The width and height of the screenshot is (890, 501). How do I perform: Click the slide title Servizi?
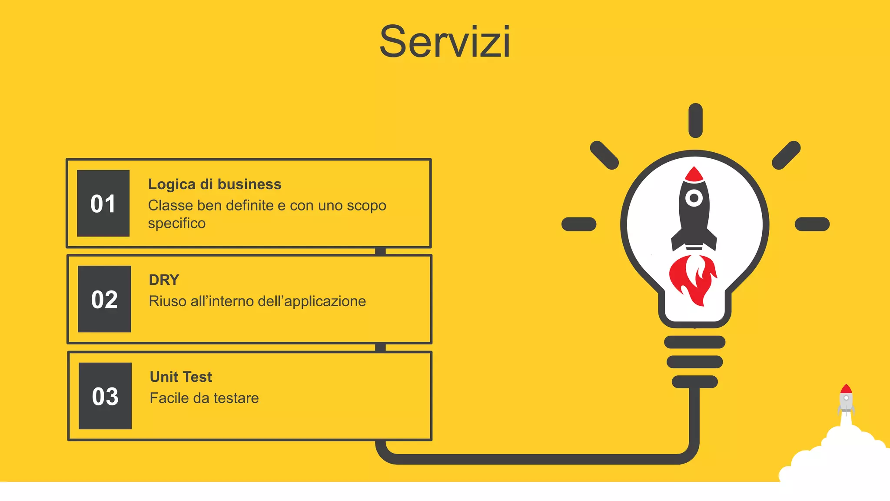[445, 42]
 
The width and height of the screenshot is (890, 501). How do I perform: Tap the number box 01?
[103, 203]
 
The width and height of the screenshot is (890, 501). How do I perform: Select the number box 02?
[104, 299]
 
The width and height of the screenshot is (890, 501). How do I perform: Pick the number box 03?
[105, 396]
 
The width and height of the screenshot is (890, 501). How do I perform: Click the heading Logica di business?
[215, 184]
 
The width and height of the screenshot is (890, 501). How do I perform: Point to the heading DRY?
[164, 280]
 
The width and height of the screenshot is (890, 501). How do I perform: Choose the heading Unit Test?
[181, 377]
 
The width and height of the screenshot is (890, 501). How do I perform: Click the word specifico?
[176, 224]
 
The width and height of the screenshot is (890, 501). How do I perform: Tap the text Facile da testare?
[204, 398]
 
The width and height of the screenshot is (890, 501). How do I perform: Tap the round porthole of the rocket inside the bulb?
[694, 198]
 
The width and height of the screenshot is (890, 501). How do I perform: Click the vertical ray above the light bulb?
[695, 120]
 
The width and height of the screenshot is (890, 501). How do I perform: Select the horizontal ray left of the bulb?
[579, 224]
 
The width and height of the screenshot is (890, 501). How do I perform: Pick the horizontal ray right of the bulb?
[812, 224]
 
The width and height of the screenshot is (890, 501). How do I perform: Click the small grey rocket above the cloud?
[846, 399]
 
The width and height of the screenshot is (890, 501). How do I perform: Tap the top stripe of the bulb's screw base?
[694, 342]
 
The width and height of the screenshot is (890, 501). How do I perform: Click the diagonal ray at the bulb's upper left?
[604, 155]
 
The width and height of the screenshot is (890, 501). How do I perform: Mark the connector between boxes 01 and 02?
[380, 251]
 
